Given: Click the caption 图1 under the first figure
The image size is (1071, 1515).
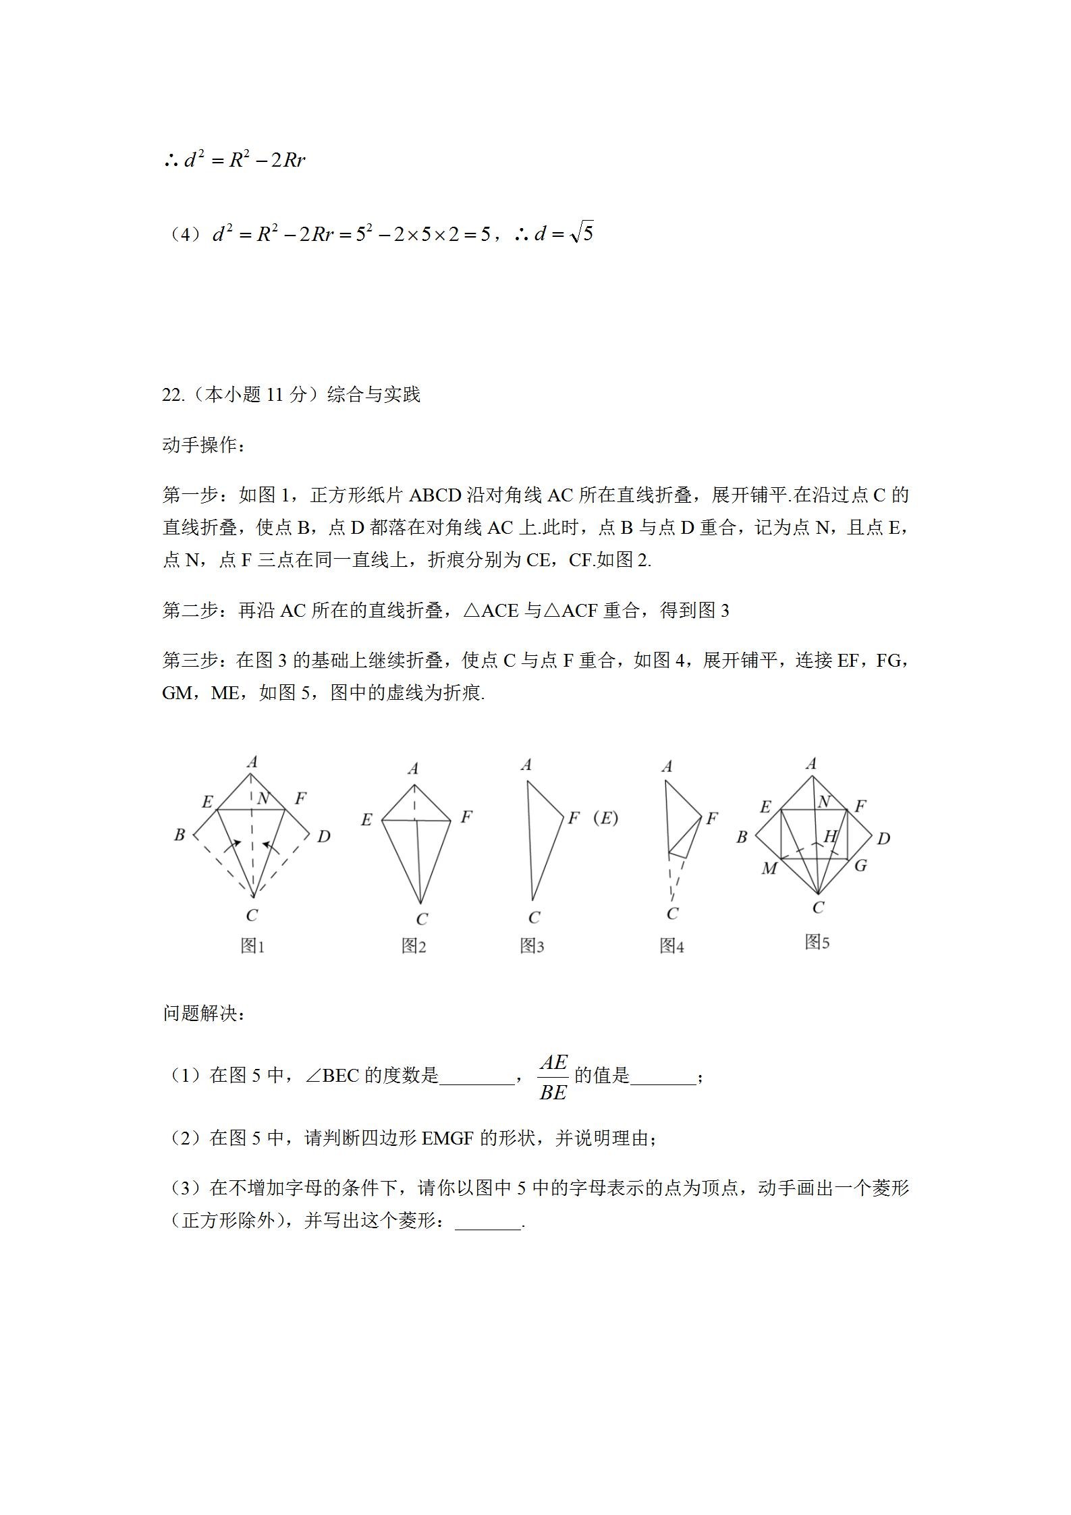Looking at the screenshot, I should tap(252, 946).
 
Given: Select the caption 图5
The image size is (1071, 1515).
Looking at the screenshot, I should tap(817, 941).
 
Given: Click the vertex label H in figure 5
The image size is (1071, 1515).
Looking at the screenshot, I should tap(830, 836).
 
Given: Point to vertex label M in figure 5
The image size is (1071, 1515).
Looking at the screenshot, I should tap(769, 869).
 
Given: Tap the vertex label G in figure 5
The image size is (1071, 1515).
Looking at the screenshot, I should tap(860, 865).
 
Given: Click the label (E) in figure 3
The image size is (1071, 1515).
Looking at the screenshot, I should tap(605, 818).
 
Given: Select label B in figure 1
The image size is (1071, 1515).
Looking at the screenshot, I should tap(180, 835).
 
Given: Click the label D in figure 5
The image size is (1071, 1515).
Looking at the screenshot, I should tap(883, 838).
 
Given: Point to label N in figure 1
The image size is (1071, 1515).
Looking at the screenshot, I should tap(263, 799).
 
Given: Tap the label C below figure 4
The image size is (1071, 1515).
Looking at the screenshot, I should tap(672, 914).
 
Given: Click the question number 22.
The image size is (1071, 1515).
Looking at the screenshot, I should tap(172, 395).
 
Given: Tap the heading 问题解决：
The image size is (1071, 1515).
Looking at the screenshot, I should tap(204, 1014).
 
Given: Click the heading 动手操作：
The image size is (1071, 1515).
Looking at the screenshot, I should tap(204, 445).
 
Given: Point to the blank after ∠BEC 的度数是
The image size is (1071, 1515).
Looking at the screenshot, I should tap(476, 1078).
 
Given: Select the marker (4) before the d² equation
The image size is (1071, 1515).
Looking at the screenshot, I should tap(184, 235).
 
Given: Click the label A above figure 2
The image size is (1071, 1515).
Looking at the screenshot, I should tap(414, 769).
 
